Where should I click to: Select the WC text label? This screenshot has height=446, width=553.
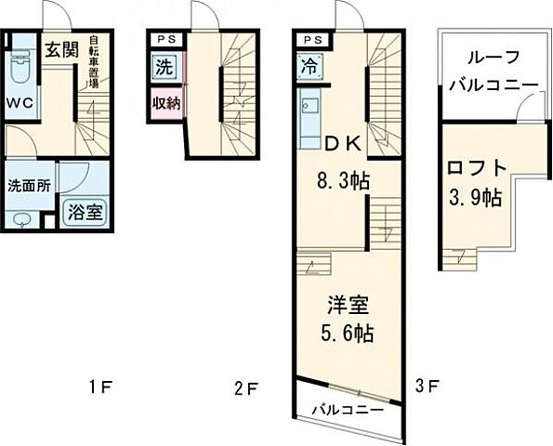(21, 103)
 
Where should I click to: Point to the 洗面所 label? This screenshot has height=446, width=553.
(29, 185)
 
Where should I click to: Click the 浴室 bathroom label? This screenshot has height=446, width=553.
(84, 210)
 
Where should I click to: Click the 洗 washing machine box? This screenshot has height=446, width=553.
(163, 67)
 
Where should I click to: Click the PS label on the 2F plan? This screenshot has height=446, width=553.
(165, 40)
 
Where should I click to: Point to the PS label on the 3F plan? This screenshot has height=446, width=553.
(311, 40)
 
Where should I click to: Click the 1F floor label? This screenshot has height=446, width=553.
(100, 386)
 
